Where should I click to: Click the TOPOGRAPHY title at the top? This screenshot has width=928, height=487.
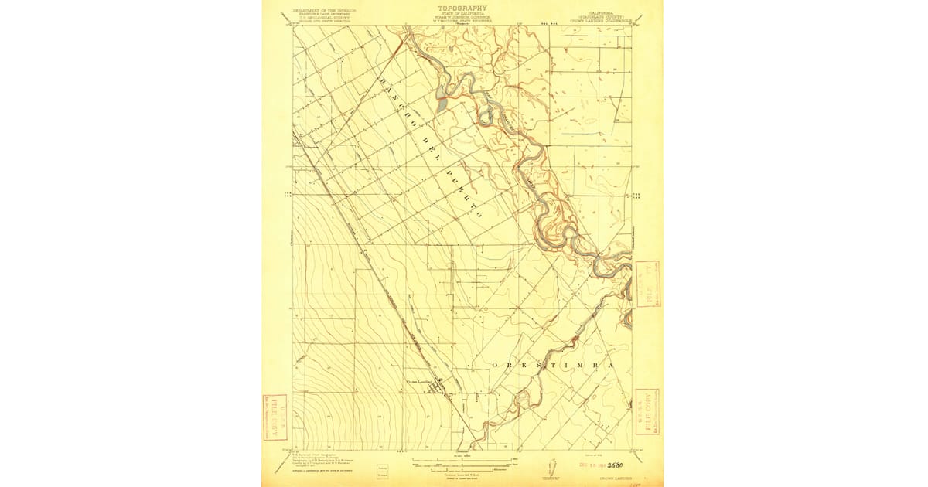[462, 6]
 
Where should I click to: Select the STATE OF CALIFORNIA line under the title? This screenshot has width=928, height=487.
[462, 13]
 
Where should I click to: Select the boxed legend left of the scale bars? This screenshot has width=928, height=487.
[381, 472]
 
